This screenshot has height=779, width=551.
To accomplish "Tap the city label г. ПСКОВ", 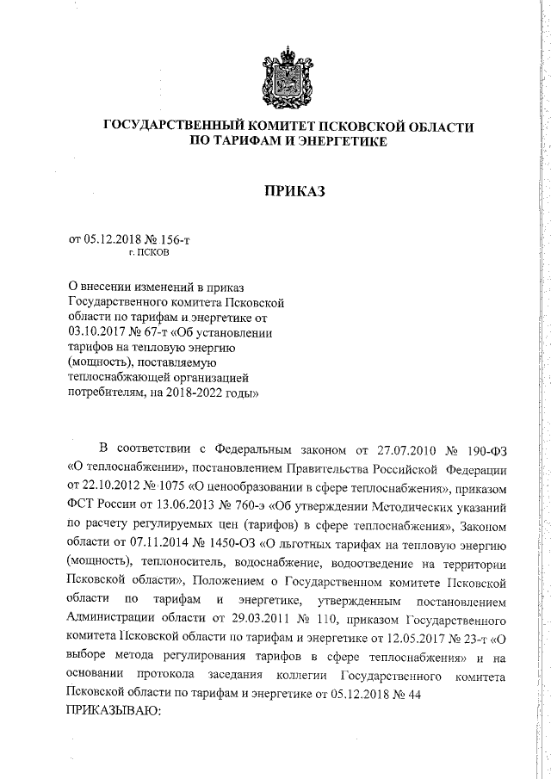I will [148, 255].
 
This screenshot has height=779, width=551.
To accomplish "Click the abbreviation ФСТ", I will [81, 504].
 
